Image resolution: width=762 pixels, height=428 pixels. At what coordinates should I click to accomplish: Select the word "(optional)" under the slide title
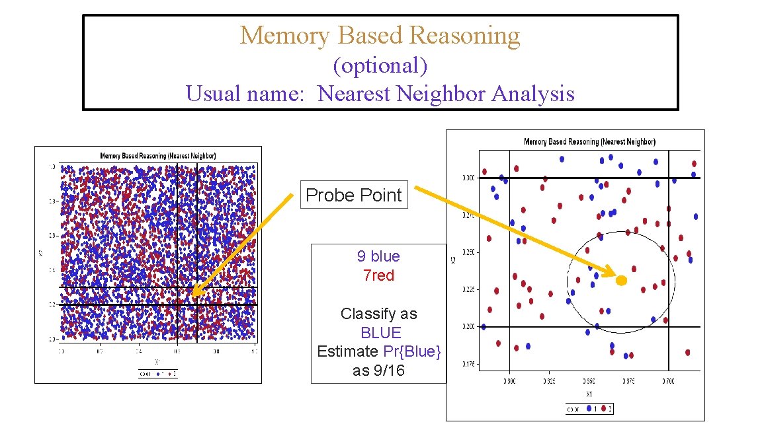pos(380,65)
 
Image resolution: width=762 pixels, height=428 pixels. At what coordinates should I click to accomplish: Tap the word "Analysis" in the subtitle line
pos(533,94)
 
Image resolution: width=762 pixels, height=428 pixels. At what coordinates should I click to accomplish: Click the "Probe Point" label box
pos(354,195)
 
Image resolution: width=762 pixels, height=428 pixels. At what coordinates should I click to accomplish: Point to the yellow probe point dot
pos(621,281)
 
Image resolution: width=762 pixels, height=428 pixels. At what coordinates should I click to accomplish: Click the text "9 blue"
pos(378,256)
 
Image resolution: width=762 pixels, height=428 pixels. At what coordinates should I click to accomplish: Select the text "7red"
pos(378,275)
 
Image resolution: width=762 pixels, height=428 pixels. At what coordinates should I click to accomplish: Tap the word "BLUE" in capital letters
pos(381,333)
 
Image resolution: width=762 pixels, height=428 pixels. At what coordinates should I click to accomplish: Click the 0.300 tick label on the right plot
pos(468,178)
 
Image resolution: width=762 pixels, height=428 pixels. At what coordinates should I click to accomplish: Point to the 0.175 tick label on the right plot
pos(468,364)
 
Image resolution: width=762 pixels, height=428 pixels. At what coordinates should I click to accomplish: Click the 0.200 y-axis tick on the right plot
pos(468,327)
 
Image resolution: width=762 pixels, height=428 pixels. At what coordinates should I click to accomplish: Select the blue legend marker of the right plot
pos(589,409)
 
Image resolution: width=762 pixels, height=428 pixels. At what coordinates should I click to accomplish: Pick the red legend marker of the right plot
pos(604,409)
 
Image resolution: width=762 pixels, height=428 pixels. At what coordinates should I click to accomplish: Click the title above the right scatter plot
pos(589,142)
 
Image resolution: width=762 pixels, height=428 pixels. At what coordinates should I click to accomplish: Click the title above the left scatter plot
pos(157,156)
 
